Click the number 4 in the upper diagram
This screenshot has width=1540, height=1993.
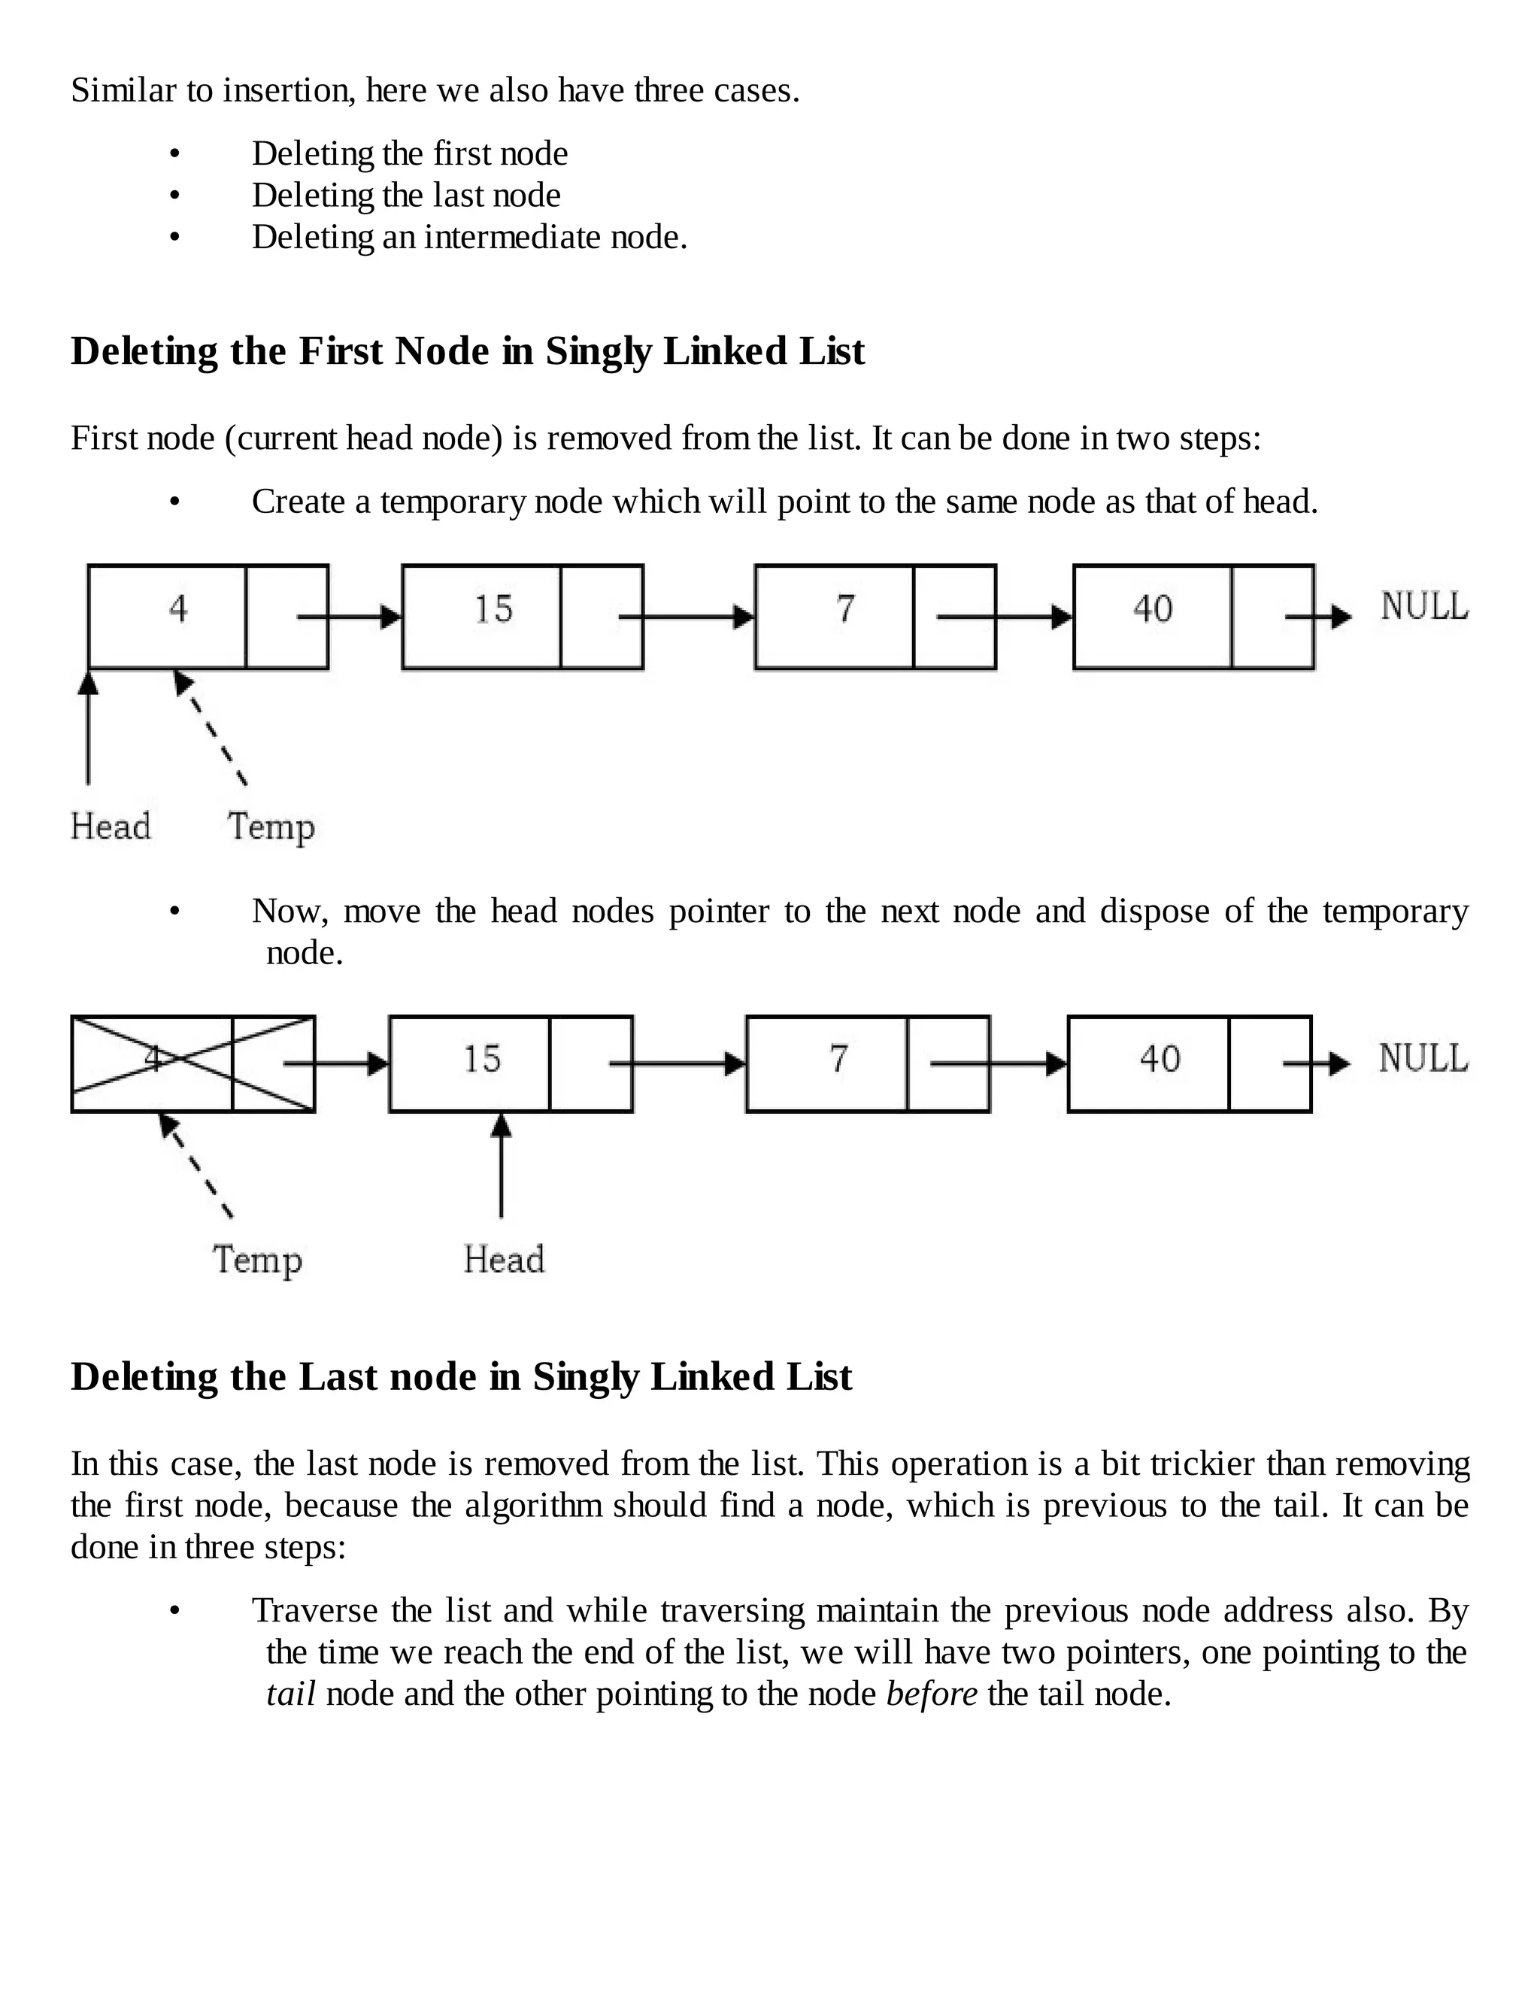click(178, 608)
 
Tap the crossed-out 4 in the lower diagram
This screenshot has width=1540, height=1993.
click(153, 1059)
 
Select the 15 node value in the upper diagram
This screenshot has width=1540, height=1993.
click(493, 608)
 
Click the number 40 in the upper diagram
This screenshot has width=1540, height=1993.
click(1152, 608)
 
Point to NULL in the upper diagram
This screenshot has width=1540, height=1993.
click(1424, 607)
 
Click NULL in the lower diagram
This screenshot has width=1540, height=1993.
click(1422, 1059)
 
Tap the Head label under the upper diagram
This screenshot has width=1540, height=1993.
click(111, 827)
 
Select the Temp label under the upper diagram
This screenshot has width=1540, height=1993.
click(271, 827)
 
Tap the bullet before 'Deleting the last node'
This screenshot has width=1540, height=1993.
click(175, 196)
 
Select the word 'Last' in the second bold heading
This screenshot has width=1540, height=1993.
click(339, 1377)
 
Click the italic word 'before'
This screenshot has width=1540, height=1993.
click(932, 1694)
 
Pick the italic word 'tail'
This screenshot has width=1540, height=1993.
click(290, 1694)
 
